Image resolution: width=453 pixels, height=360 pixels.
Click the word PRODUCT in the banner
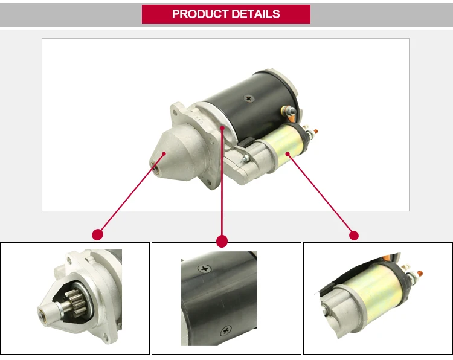(198, 14)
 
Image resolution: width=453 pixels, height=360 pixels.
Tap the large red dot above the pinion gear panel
(97, 234)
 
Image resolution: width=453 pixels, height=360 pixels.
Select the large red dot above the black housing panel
(222, 241)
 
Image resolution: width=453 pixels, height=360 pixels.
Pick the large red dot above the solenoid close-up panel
(354, 235)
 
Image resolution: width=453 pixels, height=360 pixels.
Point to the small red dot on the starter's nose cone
(163, 154)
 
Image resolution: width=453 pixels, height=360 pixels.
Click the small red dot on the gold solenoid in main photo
(288, 155)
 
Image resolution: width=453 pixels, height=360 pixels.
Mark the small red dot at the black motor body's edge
(222, 129)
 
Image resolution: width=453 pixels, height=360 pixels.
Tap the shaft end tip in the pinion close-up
(42, 314)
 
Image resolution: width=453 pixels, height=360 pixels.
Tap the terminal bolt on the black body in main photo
(289, 111)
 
